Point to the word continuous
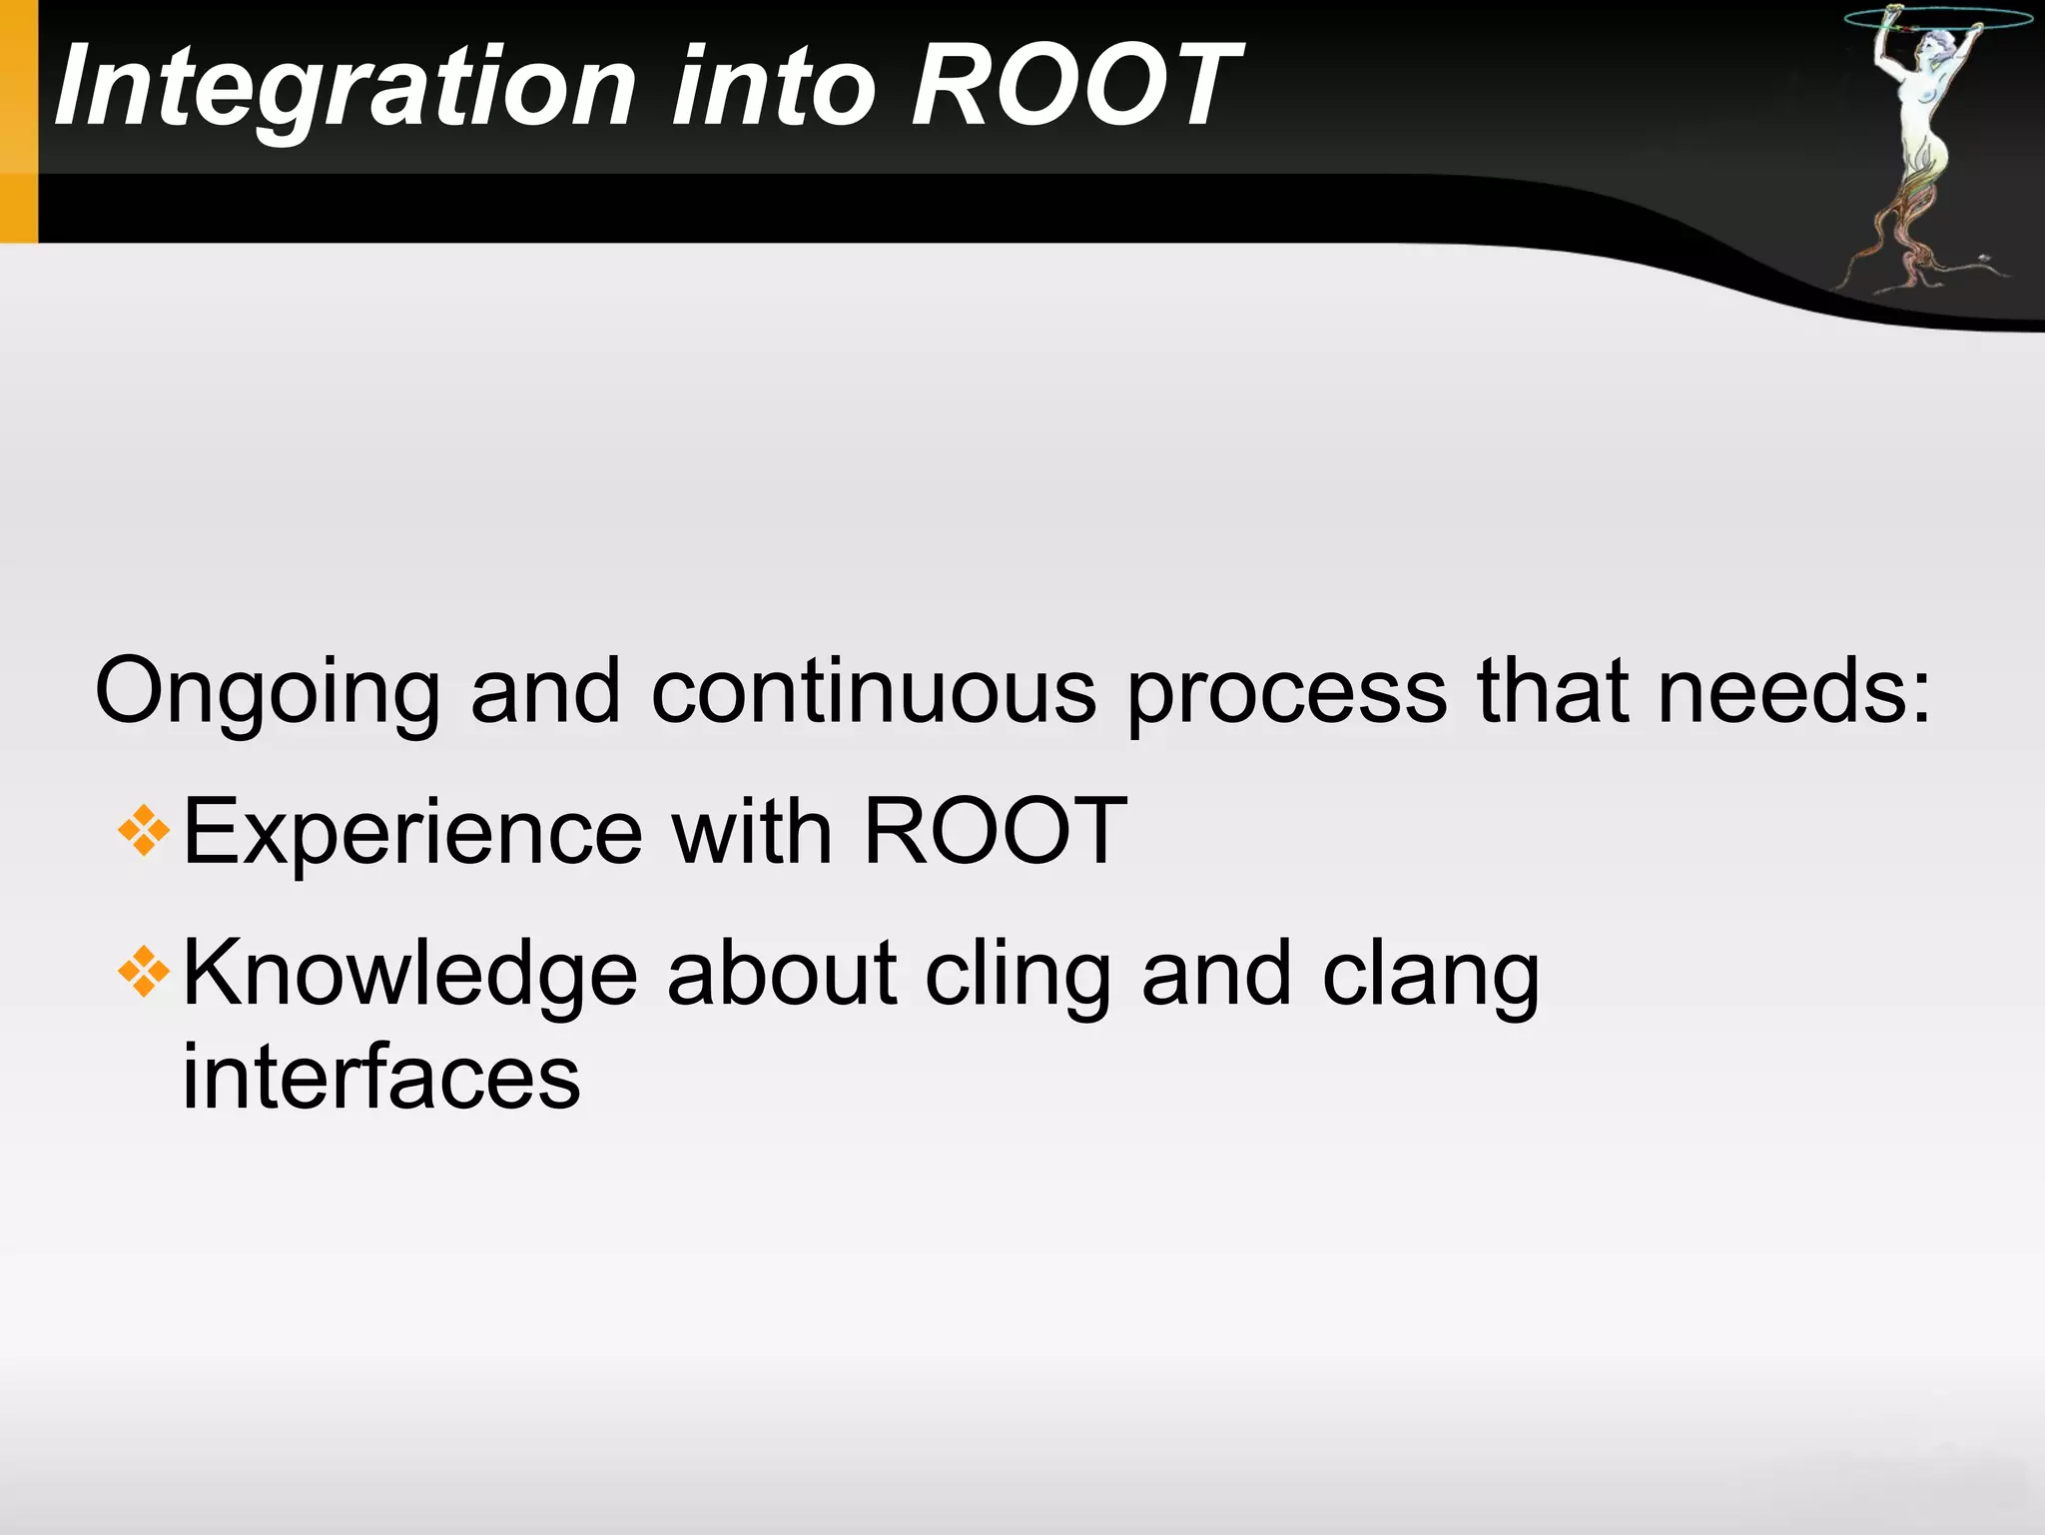[874, 691]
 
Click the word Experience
[412, 833]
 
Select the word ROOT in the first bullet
[995, 831]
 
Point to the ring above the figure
[1937, 18]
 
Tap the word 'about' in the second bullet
[782, 975]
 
